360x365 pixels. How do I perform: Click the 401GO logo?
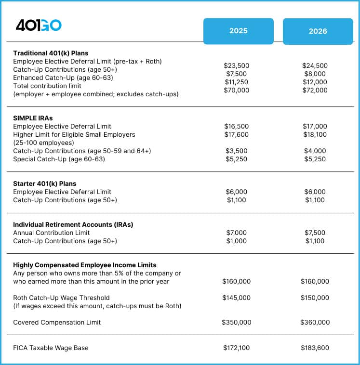click(x=39, y=26)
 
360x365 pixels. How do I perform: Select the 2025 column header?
click(x=238, y=31)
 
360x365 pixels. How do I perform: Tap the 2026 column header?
click(x=318, y=31)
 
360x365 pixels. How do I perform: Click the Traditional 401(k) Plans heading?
click(x=51, y=53)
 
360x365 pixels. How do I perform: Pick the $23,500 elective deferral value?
click(x=236, y=65)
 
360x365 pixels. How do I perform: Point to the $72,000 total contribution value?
click(x=315, y=90)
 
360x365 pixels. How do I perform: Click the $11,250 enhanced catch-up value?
click(x=236, y=82)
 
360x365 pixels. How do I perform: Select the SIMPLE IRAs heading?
click(x=32, y=118)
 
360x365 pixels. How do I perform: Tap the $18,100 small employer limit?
click(x=315, y=134)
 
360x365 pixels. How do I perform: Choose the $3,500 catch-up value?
click(x=236, y=151)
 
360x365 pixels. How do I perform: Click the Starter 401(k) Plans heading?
click(x=44, y=183)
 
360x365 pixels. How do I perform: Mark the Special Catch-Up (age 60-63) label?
click(x=59, y=159)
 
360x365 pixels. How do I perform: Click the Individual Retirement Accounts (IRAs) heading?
click(x=73, y=224)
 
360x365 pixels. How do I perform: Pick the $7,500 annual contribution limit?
click(x=315, y=233)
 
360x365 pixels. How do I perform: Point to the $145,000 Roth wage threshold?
click(x=236, y=298)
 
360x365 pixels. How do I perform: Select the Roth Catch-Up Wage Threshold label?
click(x=61, y=298)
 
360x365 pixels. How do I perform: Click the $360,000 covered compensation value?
click(x=315, y=322)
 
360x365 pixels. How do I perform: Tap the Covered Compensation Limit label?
click(x=57, y=322)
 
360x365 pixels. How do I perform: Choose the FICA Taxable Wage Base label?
click(x=51, y=348)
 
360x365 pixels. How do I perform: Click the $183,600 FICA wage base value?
click(x=315, y=348)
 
